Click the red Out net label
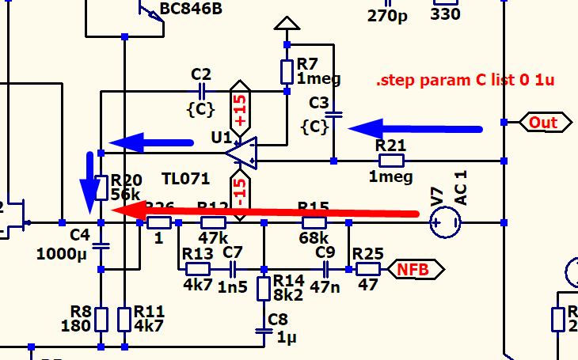click(544, 123)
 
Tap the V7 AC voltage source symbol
click(446, 222)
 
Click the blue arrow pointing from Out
click(415, 127)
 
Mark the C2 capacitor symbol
click(203, 91)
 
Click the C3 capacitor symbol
click(334, 116)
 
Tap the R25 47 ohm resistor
click(368, 269)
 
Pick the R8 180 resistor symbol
click(101, 320)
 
